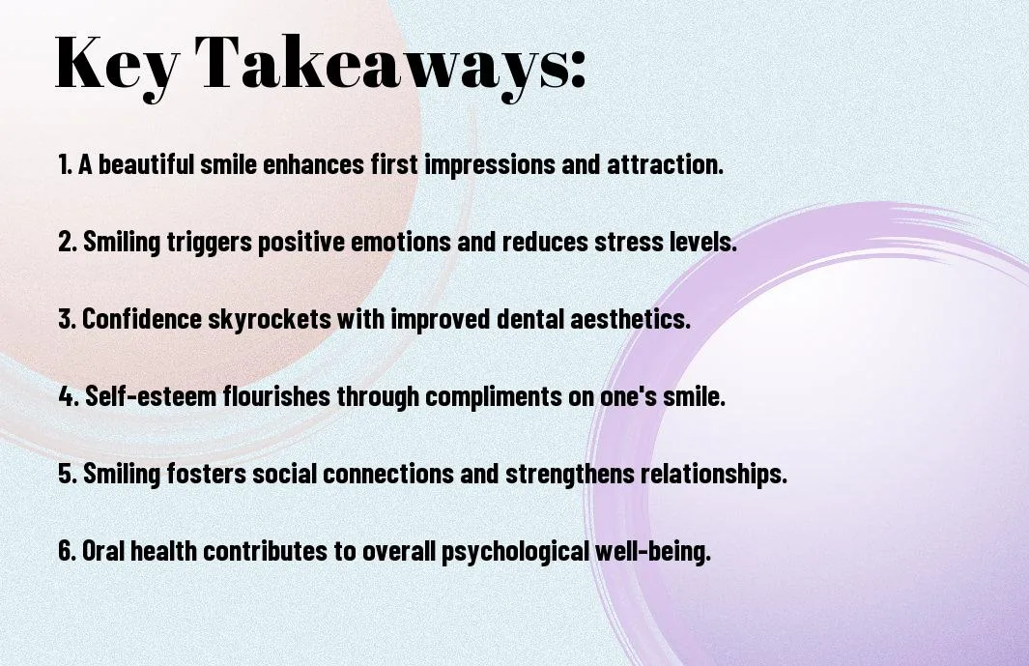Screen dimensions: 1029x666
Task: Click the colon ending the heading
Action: (578, 70)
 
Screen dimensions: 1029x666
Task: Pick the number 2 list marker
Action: (68, 242)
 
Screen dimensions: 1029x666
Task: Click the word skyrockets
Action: (270, 320)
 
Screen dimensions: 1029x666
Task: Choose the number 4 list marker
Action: (69, 396)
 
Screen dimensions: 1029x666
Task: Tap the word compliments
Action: (494, 397)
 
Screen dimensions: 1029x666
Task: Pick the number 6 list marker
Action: (68, 550)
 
